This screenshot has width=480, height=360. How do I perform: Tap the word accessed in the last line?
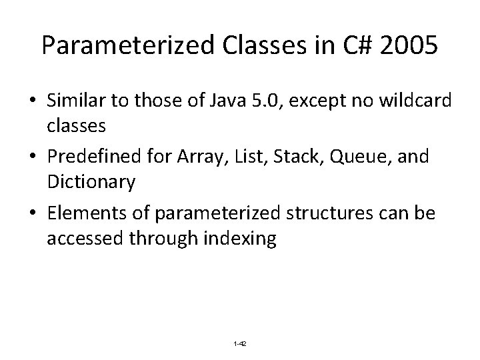click(x=79, y=238)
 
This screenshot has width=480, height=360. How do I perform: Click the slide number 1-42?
click(x=240, y=343)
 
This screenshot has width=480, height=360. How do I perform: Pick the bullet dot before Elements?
click(x=32, y=213)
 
